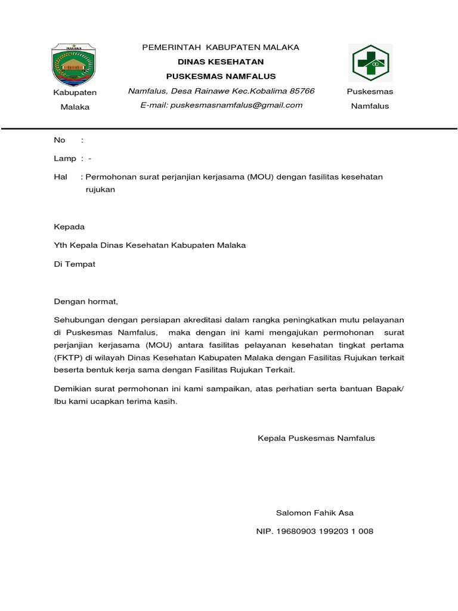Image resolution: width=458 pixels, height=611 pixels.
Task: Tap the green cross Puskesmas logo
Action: (370, 63)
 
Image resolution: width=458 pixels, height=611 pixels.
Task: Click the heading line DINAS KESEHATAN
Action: (221, 62)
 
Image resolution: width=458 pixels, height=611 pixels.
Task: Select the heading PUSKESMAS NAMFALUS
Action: (221, 76)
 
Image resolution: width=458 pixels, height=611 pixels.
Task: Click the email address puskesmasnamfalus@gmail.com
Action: (236, 105)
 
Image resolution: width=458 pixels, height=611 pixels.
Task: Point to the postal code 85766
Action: (302, 91)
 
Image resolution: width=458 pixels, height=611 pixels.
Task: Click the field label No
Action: (59, 140)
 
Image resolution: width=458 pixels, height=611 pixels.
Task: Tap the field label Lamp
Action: (65, 158)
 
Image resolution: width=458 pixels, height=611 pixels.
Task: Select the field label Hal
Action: (60, 177)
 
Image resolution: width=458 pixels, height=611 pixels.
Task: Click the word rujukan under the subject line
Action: (100, 190)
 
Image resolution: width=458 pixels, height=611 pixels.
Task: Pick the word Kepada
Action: (69, 227)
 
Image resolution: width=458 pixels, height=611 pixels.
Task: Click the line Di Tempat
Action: (75, 264)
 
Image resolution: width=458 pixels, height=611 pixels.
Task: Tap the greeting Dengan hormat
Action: (86, 301)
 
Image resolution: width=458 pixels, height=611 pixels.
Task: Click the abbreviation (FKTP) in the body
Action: (67, 357)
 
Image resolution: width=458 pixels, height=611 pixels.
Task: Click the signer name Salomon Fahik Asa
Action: (314, 513)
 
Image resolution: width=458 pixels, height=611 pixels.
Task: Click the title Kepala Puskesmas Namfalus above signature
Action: (316, 438)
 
